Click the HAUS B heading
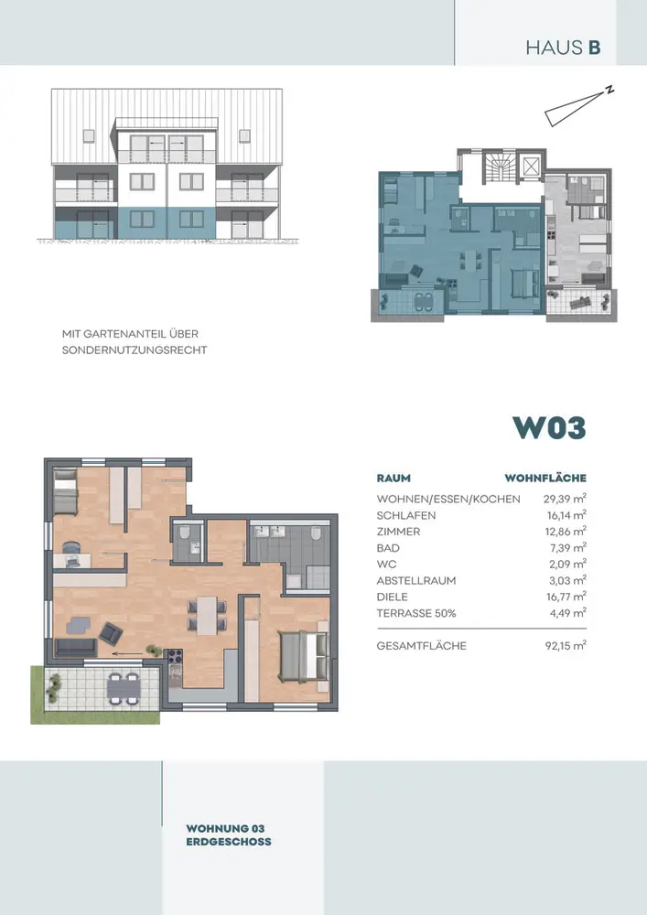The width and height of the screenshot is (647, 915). click(x=563, y=48)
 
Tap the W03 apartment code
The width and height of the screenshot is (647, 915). click(x=549, y=427)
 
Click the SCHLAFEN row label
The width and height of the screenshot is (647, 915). click(x=406, y=515)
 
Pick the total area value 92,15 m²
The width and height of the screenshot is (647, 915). click(x=566, y=646)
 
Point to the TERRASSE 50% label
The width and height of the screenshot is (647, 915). click(x=416, y=613)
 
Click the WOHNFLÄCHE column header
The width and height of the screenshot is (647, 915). click(x=545, y=479)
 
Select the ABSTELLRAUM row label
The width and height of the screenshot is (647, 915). click(x=416, y=581)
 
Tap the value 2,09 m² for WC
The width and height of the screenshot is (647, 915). click(x=568, y=565)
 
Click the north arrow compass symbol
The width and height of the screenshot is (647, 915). click(x=577, y=106)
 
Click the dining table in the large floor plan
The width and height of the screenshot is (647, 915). click(x=207, y=615)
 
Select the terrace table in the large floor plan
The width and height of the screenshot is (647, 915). click(x=124, y=689)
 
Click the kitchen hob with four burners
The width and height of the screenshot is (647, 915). click(x=175, y=656)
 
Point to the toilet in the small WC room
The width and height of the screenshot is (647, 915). click(x=185, y=533)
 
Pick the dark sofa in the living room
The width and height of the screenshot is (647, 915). click(x=76, y=647)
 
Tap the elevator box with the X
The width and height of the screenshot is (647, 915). click(x=532, y=167)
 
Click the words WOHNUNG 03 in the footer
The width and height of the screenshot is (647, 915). click(x=225, y=829)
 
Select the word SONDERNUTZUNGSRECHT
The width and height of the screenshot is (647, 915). click(x=135, y=350)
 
